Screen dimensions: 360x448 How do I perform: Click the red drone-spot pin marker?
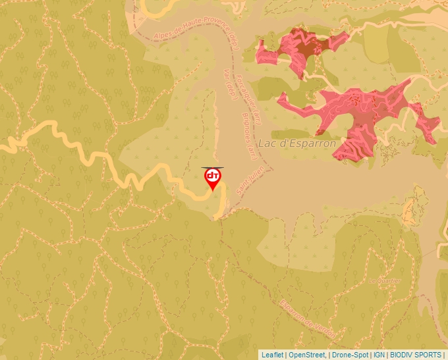[213, 179]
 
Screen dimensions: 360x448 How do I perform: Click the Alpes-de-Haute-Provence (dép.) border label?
[196, 28]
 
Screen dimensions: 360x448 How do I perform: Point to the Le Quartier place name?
[385, 280]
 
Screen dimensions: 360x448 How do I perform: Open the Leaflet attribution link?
[272, 355]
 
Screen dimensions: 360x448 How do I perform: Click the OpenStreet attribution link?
[306, 355]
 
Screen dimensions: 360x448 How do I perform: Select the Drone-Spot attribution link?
[350, 355]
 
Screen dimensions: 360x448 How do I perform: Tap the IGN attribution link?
[379, 355]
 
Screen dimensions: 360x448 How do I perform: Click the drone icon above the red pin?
[213, 168]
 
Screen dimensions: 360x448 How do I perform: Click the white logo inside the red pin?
[213, 176]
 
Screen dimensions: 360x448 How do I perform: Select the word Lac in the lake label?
[266, 143]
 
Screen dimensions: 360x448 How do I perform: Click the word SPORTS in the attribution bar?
[428, 355]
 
